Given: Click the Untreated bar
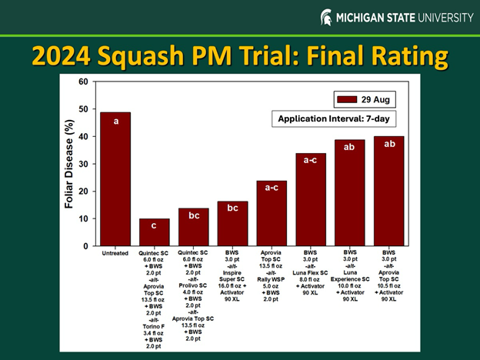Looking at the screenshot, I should (115, 181).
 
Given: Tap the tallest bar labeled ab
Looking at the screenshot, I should (388, 192).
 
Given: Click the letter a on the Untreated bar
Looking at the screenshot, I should (115, 121).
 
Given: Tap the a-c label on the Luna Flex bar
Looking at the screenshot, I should (310, 160).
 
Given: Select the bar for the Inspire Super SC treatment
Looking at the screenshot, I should (232, 224).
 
